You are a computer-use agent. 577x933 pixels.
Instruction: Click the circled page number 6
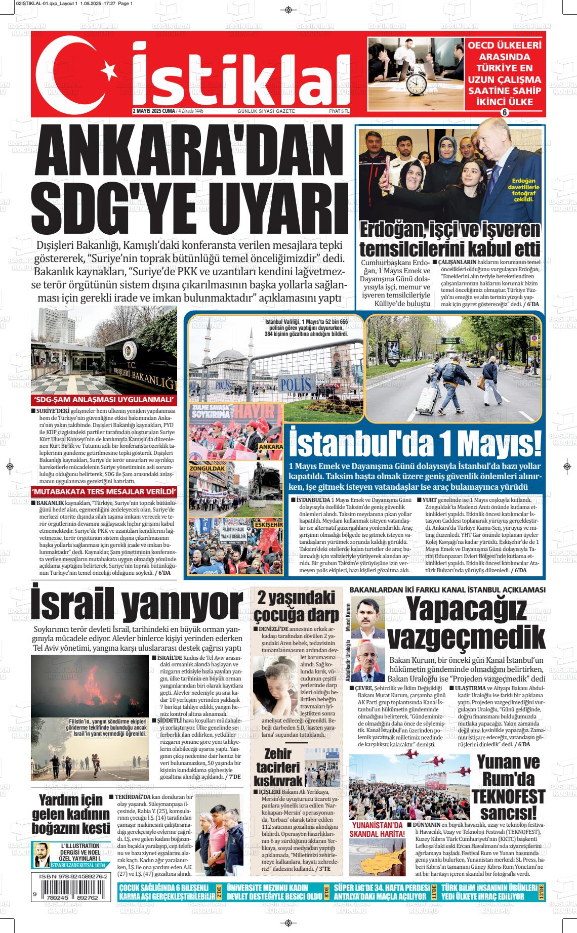click(x=504, y=112)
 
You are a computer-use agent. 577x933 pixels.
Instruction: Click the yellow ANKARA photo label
click(x=270, y=448)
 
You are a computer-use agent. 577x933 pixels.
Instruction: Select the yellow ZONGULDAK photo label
click(x=207, y=469)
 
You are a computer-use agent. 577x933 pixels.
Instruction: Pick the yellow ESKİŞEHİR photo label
click(x=268, y=524)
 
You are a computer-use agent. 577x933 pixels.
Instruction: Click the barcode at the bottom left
click(x=71, y=895)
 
